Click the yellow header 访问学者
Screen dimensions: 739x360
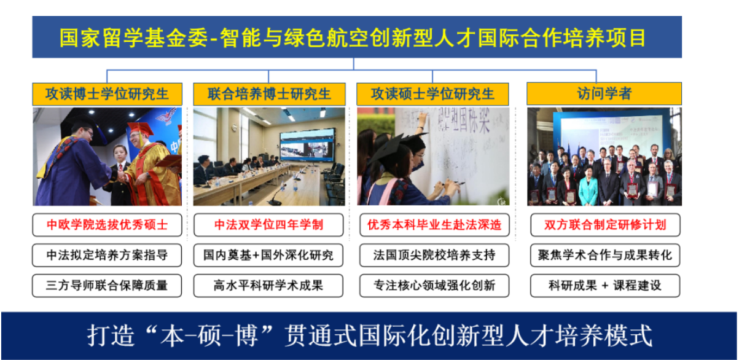[x=604, y=94]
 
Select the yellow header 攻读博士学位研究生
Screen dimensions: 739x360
[x=108, y=94]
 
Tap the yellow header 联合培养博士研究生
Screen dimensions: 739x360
[x=269, y=94]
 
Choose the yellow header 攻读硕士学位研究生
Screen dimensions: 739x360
[x=432, y=94]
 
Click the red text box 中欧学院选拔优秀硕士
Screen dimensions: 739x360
[x=108, y=225]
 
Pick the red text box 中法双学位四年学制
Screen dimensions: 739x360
[x=268, y=225]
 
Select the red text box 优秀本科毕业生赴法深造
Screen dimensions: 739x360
[x=434, y=225]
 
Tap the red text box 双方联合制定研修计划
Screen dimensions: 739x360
[x=605, y=225]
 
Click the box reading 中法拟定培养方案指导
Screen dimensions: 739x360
[x=108, y=255]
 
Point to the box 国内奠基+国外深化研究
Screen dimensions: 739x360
[x=268, y=255]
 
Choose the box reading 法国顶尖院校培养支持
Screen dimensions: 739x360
[x=434, y=255]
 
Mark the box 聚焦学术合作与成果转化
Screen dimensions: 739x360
[x=605, y=255]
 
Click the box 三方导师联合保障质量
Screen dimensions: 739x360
[x=108, y=286]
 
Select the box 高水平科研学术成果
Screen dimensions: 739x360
[x=268, y=286]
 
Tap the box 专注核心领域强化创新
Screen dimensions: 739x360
[x=434, y=286]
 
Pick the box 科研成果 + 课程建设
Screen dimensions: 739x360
[x=605, y=286]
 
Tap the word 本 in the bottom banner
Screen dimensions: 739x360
[x=172, y=336]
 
